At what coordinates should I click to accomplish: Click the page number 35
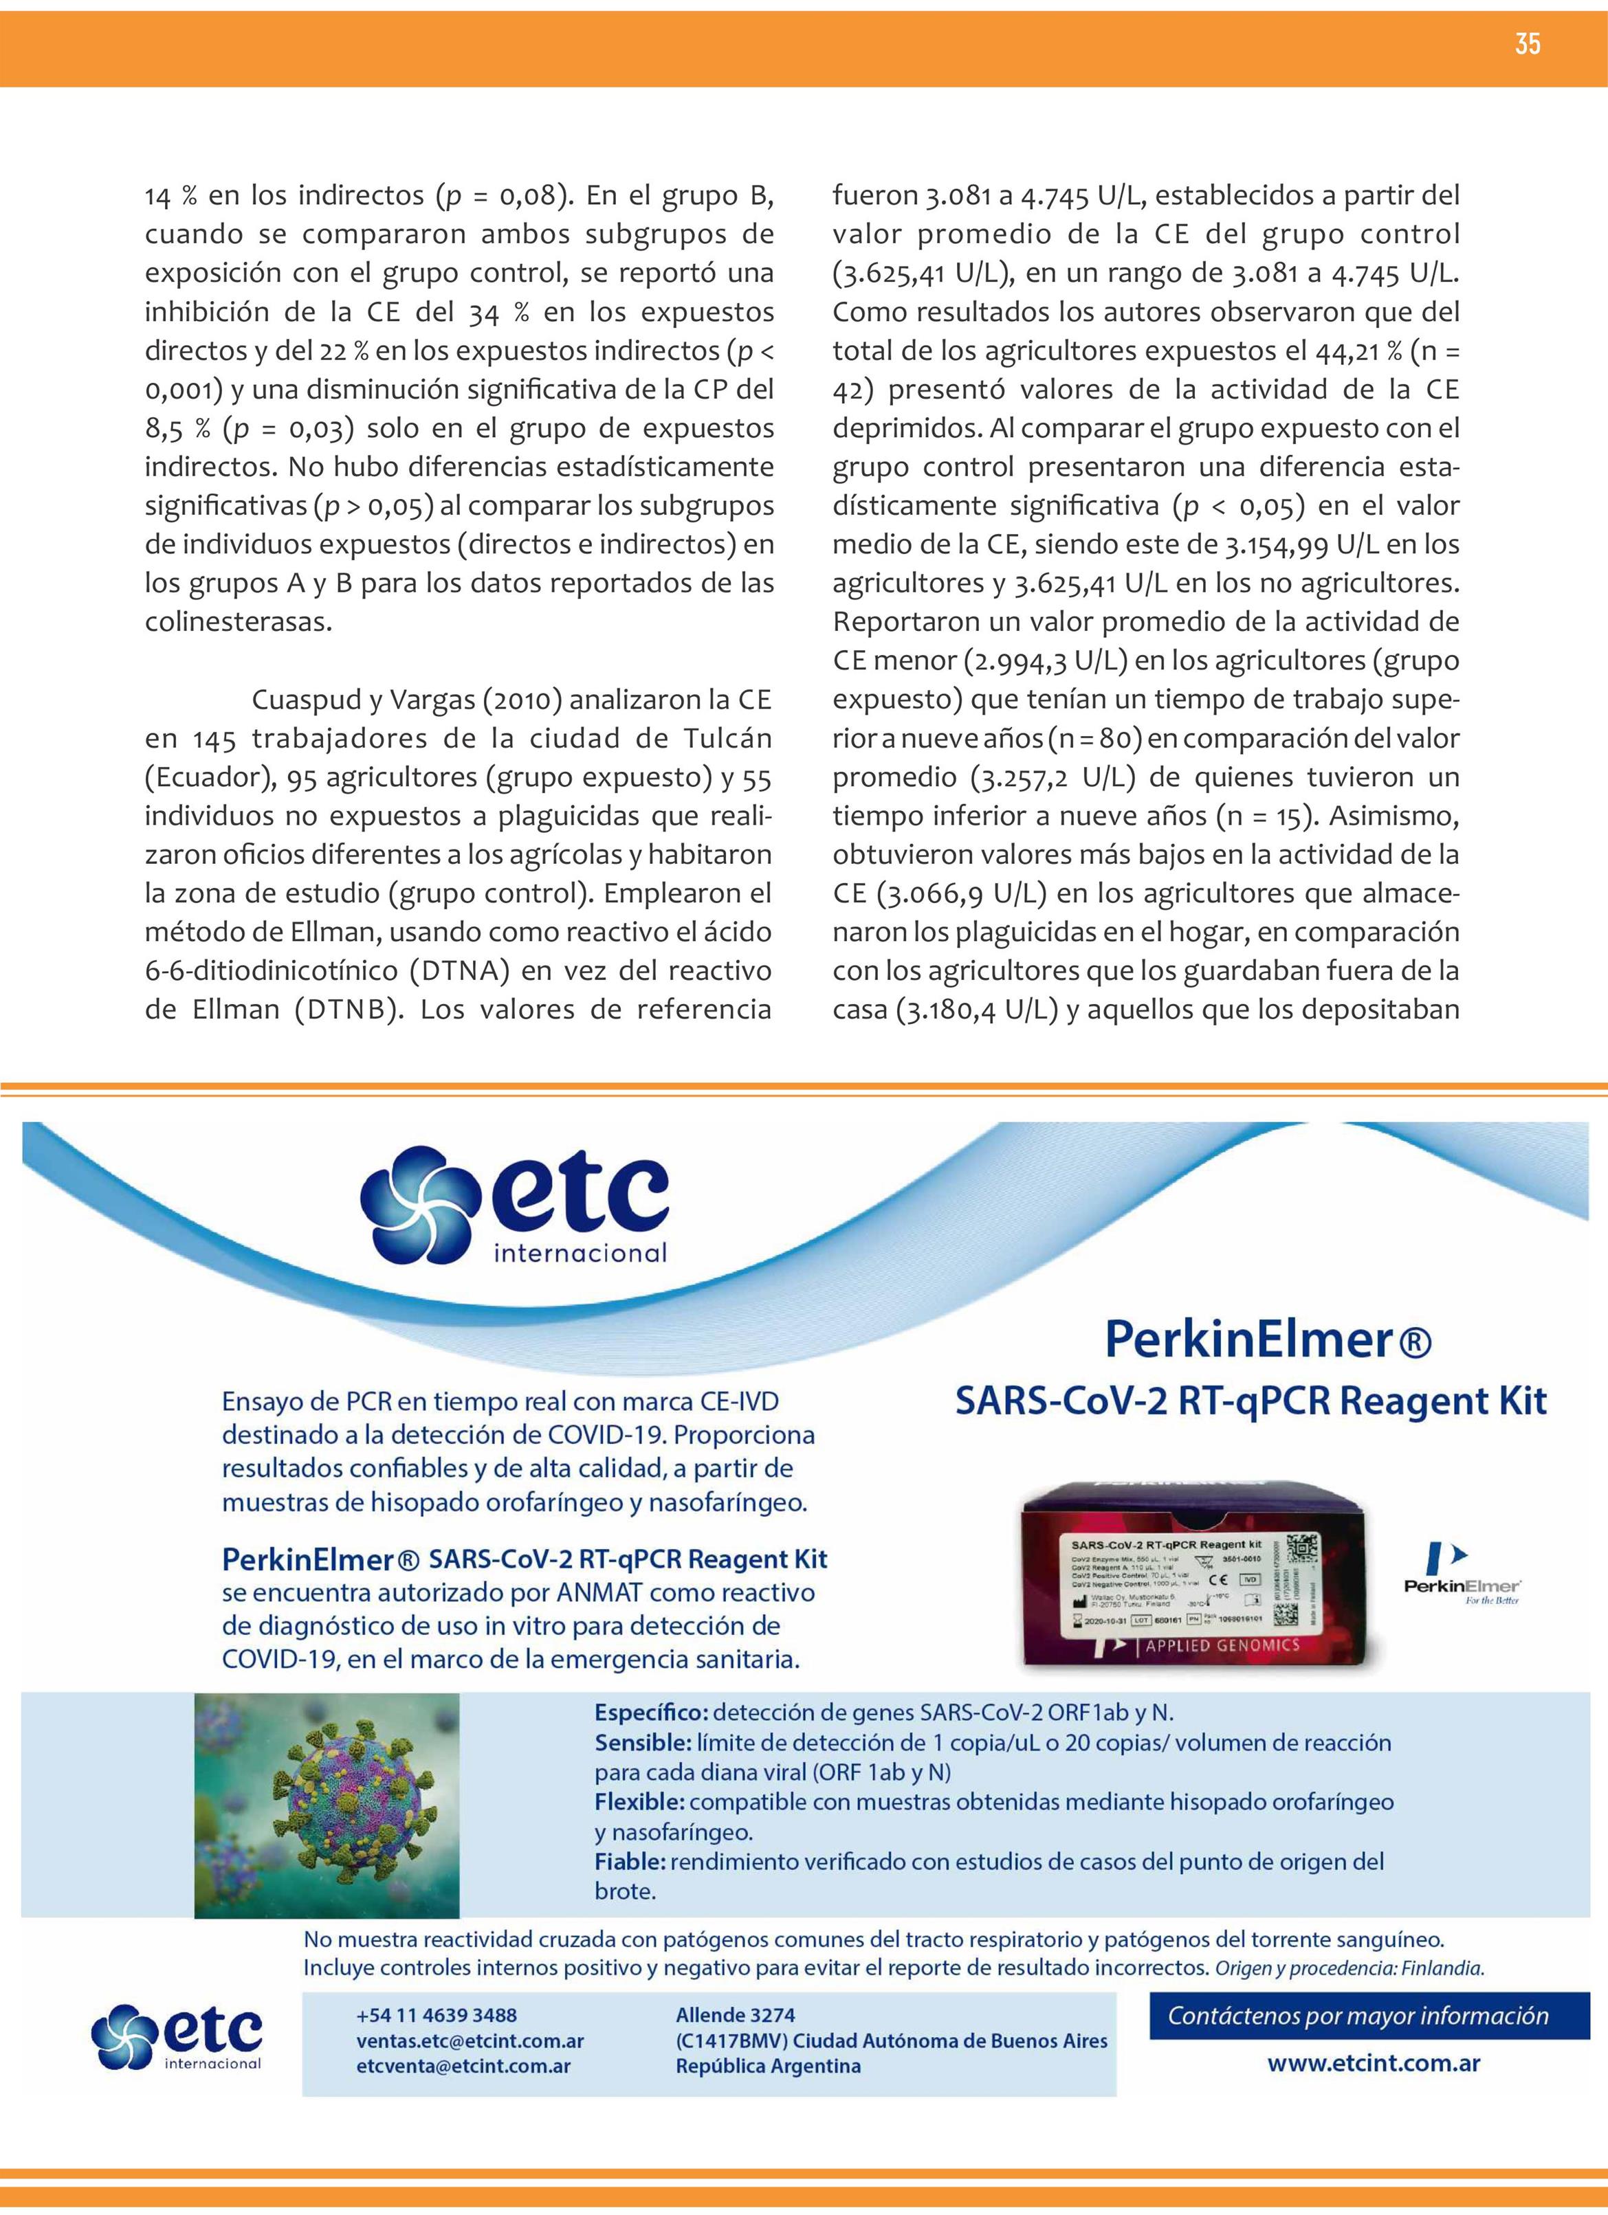click(1527, 44)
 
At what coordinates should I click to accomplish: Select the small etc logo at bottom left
click(177, 2036)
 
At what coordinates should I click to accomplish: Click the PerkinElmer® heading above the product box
click(1267, 1340)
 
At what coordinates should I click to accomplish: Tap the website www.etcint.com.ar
click(1373, 2064)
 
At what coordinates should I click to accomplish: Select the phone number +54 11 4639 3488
click(437, 2015)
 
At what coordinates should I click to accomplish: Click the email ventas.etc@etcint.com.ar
click(470, 2040)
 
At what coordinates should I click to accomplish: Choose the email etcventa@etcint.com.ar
click(463, 2066)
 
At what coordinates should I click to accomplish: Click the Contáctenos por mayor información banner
click(1358, 2016)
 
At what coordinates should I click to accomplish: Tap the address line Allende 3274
click(735, 2015)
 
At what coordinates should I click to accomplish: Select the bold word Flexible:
click(639, 1802)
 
